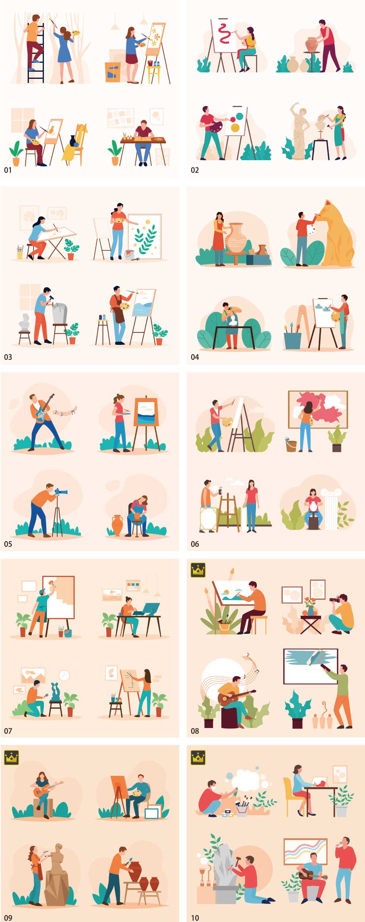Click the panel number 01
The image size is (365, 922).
tap(8, 170)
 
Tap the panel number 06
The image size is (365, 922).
tap(195, 544)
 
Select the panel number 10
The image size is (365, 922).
tap(195, 918)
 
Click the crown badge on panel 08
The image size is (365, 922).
tap(198, 570)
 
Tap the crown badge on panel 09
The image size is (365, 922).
tap(11, 757)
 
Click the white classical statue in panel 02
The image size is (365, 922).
tap(300, 131)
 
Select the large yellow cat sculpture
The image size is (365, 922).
tap(337, 233)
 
